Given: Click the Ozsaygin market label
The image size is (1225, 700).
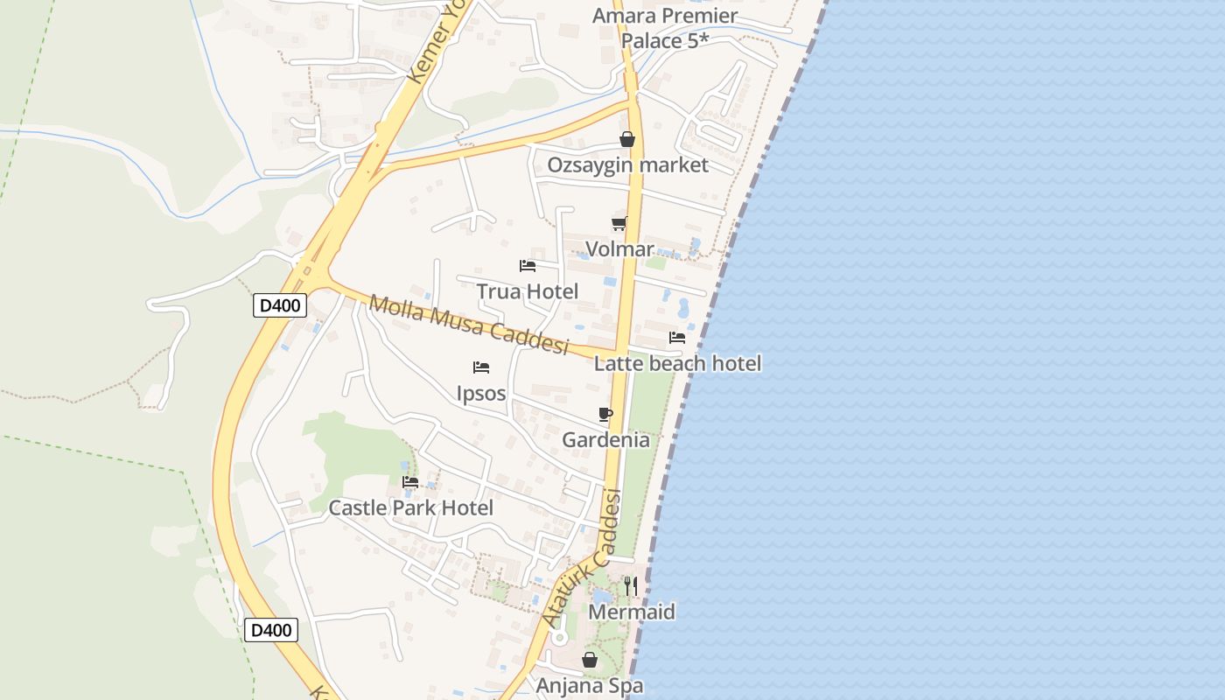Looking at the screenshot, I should (x=627, y=164).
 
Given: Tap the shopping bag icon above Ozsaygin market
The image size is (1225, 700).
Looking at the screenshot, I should (x=626, y=139).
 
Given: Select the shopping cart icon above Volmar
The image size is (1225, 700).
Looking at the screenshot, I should (x=619, y=223).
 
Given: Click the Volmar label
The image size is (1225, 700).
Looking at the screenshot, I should (x=619, y=248).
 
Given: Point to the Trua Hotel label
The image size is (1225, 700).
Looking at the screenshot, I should (x=527, y=290).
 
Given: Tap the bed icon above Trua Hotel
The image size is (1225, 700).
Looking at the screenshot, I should (x=527, y=265).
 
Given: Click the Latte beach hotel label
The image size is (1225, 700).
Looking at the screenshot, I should (x=677, y=362).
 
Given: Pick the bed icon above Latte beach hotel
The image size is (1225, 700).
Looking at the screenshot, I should (x=677, y=337).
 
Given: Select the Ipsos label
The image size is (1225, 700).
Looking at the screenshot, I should (x=481, y=393).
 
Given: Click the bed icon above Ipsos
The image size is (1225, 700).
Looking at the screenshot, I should (x=480, y=367).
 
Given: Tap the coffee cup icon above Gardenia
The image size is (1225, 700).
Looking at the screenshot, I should (x=605, y=414).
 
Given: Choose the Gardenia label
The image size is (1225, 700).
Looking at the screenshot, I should (x=605, y=439).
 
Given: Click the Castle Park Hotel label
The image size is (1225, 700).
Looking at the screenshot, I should (x=410, y=507).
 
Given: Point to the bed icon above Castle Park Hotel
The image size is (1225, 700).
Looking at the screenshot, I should (x=410, y=481).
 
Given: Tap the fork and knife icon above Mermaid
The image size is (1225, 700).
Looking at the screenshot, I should (x=631, y=585).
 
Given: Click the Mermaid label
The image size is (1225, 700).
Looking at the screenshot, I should (x=631, y=612).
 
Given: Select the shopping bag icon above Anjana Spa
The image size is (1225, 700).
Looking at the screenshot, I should (x=590, y=660).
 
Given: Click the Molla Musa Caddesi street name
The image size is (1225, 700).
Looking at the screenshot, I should (x=468, y=325).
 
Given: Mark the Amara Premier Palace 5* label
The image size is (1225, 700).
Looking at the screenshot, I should (x=664, y=28).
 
